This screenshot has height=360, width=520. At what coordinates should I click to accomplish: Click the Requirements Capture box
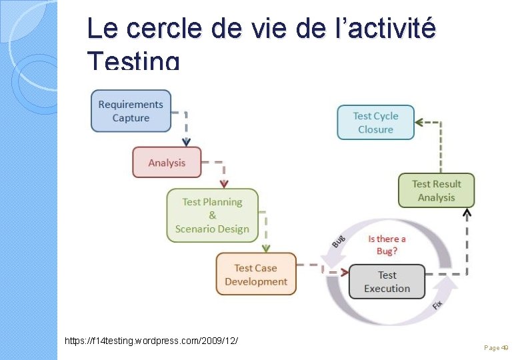[x=131, y=111]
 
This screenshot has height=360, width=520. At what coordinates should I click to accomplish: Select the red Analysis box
[x=167, y=163]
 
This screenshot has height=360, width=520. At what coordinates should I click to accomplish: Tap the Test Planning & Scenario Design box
[x=212, y=215]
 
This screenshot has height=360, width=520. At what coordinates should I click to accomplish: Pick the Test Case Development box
[x=256, y=275]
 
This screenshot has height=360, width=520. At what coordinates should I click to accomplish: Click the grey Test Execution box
[x=387, y=282]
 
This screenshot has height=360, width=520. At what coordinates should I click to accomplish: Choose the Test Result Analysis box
[x=437, y=191]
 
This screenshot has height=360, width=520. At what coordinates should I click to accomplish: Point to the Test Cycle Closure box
[x=375, y=123]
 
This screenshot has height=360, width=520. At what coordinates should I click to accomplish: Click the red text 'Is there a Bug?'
[x=387, y=244]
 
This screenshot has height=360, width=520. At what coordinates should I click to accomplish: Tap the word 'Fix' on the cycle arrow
[x=437, y=304]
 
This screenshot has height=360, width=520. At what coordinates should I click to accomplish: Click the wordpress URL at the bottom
[x=151, y=341]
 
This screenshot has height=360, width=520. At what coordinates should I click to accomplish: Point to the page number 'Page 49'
[x=496, y=348]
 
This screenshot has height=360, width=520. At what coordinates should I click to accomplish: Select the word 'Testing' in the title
[x=133, y=61]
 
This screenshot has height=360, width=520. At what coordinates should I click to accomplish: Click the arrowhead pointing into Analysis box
[x=187, y=142]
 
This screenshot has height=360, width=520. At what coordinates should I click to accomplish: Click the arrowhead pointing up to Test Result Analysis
[x=467, y=213]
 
